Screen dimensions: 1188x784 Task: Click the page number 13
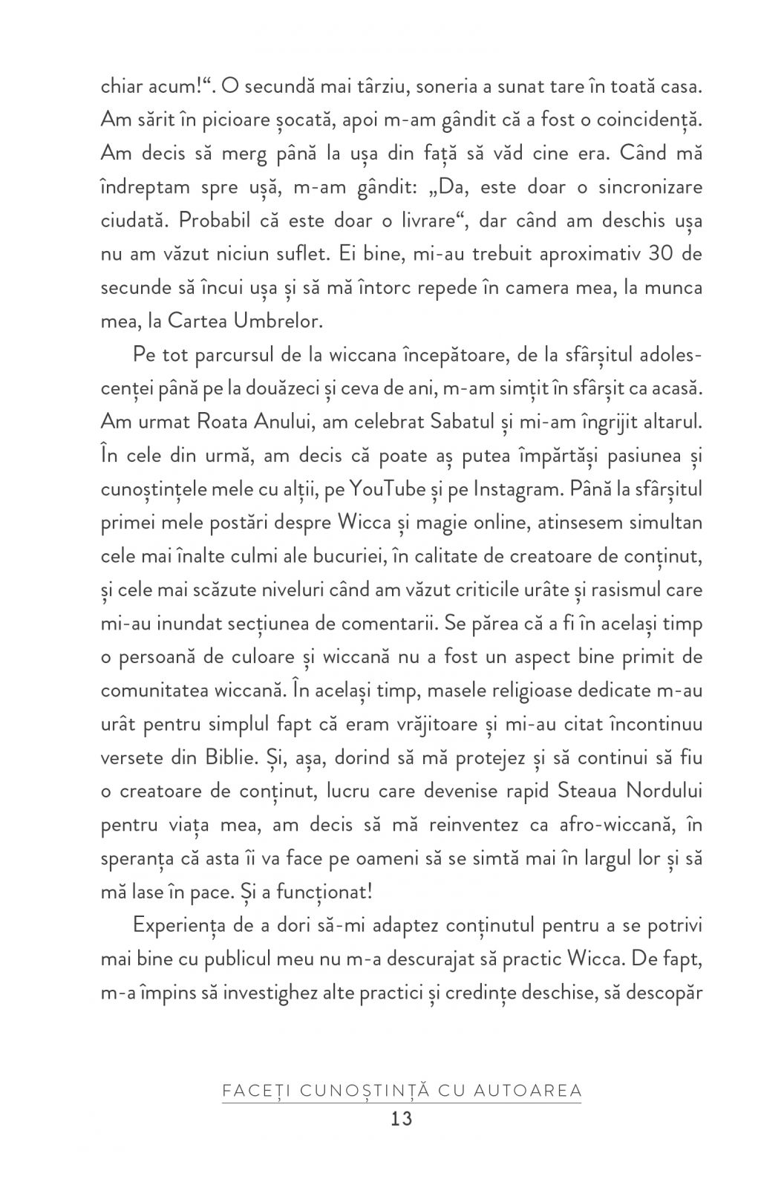(x=401, y=1119)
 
